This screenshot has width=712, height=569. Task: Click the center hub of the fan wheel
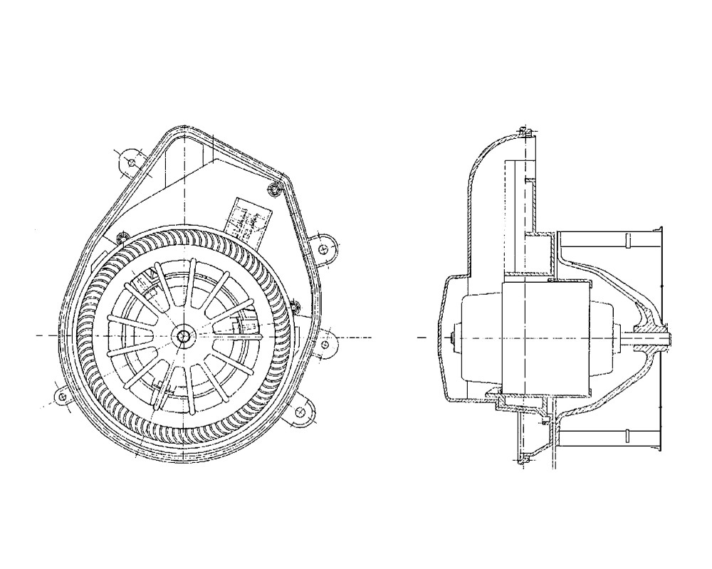[185, 335]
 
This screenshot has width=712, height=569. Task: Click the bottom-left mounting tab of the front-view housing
[61, 395]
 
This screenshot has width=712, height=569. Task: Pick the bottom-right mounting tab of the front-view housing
[302, 412]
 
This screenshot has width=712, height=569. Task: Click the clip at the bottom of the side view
[524, 463]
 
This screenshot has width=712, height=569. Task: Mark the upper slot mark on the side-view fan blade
[629, 241]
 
